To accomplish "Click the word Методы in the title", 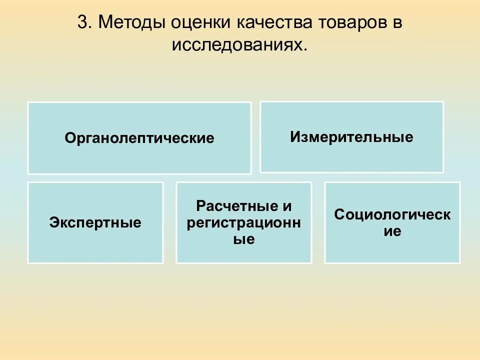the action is coord(131,22).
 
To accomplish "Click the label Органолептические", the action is coord(139,138).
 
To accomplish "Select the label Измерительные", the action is coord(351,137).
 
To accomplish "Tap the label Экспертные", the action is coord(95,222).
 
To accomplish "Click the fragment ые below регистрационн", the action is coord(244,239).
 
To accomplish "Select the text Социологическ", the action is coord(392,215).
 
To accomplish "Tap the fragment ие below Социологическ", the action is coord(392,231).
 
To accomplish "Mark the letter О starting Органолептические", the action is coord(70,138).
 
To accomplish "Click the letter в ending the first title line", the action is coord(397,22).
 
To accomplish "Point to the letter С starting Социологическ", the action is coord(339,215).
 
